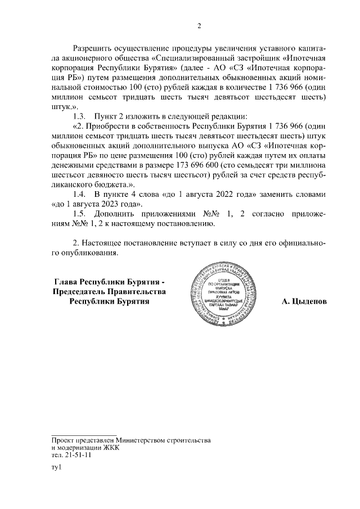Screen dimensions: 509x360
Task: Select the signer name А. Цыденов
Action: (x=304, y=301)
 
